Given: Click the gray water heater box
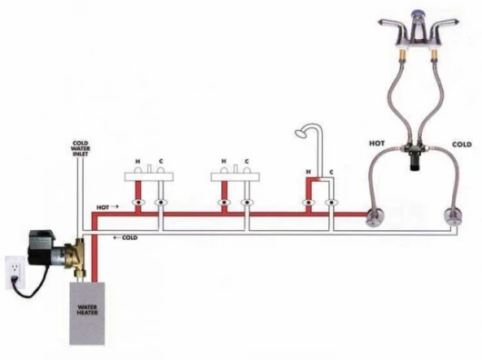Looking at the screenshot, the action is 87,314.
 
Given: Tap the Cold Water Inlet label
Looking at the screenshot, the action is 81,148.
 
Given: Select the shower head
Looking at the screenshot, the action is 300,133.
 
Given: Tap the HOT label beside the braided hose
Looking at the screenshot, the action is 377,144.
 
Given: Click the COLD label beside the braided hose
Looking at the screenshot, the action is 462,144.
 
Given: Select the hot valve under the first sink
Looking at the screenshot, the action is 138,203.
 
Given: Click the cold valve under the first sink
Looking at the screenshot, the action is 160,203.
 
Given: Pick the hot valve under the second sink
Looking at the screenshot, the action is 225,203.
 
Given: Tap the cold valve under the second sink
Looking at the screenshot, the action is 246,203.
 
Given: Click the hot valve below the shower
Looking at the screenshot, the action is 308,203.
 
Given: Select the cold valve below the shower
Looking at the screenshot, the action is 331,203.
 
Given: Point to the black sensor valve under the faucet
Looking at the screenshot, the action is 415,156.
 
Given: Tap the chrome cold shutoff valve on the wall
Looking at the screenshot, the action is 453,217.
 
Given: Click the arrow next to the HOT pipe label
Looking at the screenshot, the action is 115,206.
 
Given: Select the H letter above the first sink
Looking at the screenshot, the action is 138,161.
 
